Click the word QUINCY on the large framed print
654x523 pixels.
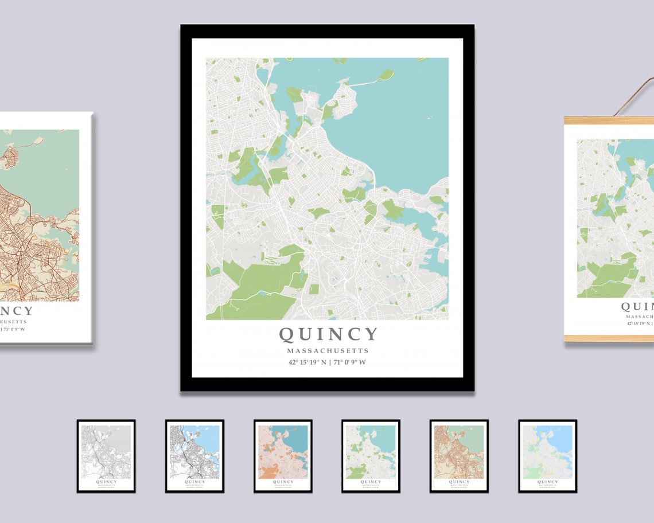[328, 334]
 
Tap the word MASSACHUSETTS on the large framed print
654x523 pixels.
[328, 350]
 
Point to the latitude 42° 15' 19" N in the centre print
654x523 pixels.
[307, 362]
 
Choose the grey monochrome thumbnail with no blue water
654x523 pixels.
[106, 456]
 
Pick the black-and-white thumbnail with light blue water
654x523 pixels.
[194, 456]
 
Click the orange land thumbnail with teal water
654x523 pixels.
[283, 456]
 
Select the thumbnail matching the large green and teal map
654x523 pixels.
[371, 456]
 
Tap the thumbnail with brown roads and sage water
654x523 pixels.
[459, 456]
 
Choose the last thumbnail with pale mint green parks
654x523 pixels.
[547, 456]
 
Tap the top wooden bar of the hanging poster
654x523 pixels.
[608, 120]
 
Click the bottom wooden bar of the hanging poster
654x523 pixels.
[608, 338]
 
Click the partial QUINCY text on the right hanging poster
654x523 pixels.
[637, 307]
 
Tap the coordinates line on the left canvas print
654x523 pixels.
[14, 330]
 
